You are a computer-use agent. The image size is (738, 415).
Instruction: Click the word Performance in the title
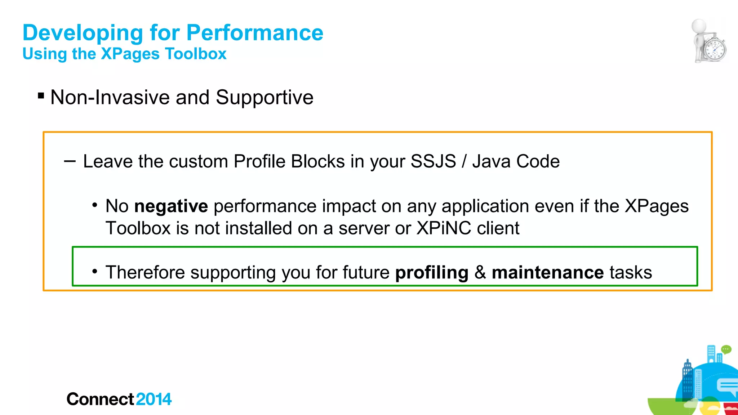[255, 33]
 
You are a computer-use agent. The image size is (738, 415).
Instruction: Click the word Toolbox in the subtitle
[196, 54]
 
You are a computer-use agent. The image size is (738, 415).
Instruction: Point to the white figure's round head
[699, 26]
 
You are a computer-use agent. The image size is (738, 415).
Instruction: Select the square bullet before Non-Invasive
[41, 96]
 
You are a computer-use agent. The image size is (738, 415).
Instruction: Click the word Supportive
[264, 97]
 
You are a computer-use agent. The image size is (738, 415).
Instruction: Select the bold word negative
[171, 206]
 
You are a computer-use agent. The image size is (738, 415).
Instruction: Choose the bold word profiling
[432, 272]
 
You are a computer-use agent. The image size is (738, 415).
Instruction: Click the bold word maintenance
[548, 272]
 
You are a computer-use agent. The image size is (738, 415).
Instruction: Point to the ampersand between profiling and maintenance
[480, 272]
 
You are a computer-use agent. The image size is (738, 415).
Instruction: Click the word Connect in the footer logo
[100, 399]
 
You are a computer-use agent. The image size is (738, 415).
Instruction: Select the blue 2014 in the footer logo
[154, 399]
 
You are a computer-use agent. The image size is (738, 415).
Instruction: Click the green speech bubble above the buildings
[726, 349]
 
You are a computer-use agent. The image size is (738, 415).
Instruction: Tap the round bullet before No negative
[95, 205]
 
